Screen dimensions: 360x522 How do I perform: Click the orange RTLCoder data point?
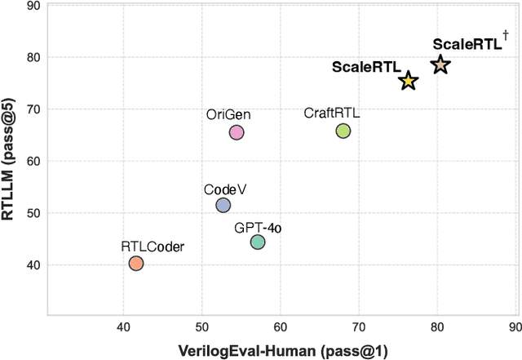pyautogui.click(x=136, y=263)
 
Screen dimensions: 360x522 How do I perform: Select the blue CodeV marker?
pyautogui.click(x=223, y=206)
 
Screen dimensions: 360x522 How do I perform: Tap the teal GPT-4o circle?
pyautogui.click(x=258, y=242)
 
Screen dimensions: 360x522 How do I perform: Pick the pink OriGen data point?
pyautogui.click(x=237, y=132)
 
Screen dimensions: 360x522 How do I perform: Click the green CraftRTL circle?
pyautogui.click(x=343, y=131)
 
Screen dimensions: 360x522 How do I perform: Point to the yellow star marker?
pyautogui.click(x=409, y=81)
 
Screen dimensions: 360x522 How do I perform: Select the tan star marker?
pyautogui.click(x=440, y=64)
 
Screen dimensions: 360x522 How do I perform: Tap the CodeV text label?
pyautogui.click(x=225, y=189)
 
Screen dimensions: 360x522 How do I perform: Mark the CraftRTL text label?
pyautogui.click(x=331, y=113)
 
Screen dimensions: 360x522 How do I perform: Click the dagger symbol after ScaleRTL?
pyautogui.click(x=506, y=34)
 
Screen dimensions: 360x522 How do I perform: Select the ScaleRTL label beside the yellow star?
pyautogui.click(x=366, y=67)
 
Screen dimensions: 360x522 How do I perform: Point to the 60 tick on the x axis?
pyautogui.click(x=281, y=327)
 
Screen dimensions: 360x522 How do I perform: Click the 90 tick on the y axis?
pyautogui.click(x=33, y=6)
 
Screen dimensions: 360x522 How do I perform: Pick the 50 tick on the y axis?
pyautogui.click(x=33, y=213)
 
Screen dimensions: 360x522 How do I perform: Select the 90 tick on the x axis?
pyautogui.click(x=515, y=327)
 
